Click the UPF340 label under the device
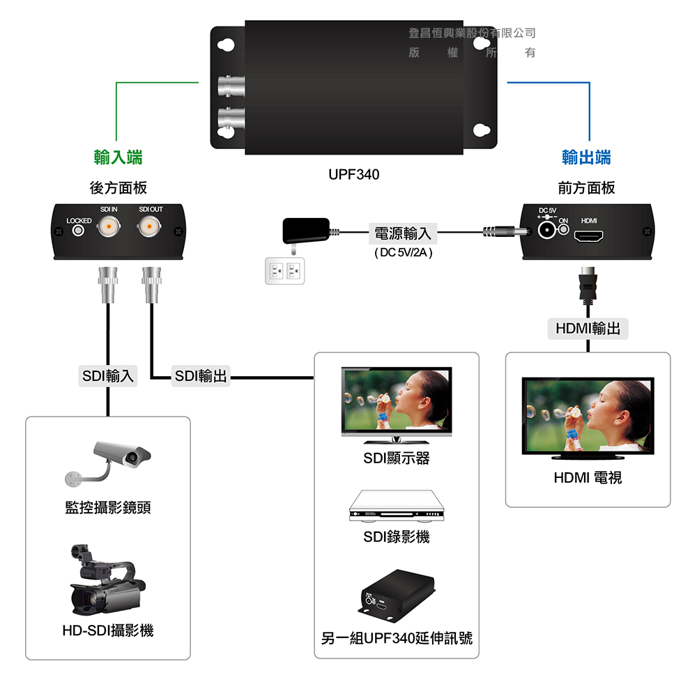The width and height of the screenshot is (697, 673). point(354,174)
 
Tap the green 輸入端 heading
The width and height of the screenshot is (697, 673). point(118,157)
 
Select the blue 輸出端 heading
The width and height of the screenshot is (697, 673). point(587,157)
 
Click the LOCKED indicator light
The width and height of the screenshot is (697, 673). point(79,230)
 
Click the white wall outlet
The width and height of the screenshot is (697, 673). point(286,270)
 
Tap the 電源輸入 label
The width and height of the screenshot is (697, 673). point(403,233)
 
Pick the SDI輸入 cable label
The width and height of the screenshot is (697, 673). point(108,376)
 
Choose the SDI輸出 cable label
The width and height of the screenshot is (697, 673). point(201,376)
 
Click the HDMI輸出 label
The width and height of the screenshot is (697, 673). point(588,328)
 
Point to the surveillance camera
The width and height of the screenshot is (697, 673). point(112,461)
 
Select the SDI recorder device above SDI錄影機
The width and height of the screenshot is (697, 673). point(396,507)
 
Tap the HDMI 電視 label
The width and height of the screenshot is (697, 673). point(588,478)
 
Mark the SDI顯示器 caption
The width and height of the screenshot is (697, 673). point(396,458)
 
